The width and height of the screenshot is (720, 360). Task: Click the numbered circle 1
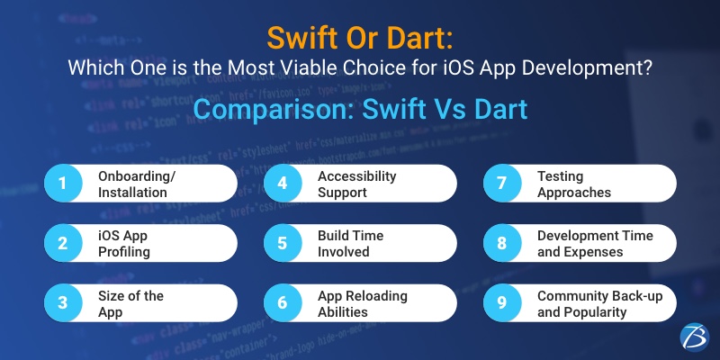pos(63,183)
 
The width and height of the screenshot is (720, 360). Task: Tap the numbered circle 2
pos(63,243)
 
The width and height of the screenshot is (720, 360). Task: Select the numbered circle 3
pos(63,303)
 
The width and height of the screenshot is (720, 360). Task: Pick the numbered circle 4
pos(283,183)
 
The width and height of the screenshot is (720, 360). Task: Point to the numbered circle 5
pos(283,243)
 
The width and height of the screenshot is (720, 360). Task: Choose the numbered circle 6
pos(283,303)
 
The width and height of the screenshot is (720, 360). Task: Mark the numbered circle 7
pos(501,183)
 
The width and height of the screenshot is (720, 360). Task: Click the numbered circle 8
pos(501,243)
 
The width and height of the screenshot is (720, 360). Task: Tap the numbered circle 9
pos(501,303)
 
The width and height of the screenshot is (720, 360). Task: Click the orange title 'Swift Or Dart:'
pos(360,38)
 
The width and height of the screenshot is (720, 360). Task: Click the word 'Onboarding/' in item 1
pos(137,175)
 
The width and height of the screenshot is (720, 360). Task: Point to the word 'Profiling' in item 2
pos(124,251)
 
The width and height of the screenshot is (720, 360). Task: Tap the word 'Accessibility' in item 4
pos(357,175)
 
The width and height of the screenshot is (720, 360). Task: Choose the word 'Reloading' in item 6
pos(376,295)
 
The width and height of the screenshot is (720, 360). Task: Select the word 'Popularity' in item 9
pos(595,311)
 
